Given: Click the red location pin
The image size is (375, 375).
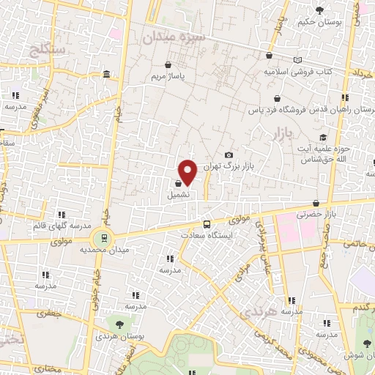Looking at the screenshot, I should pos(188,172).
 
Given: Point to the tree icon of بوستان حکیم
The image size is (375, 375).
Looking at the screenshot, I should pos(319,10).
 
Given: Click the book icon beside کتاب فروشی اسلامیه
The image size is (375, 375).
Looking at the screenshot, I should pos(297,60).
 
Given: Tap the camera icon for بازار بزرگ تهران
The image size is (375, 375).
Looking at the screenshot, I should pos(229,155).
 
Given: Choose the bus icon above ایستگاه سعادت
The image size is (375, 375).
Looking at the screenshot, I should pos(207,224).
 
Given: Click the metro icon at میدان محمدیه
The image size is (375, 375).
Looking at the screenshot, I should pos(103,237).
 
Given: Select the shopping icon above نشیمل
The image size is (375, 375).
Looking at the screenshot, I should pos(179,184).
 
